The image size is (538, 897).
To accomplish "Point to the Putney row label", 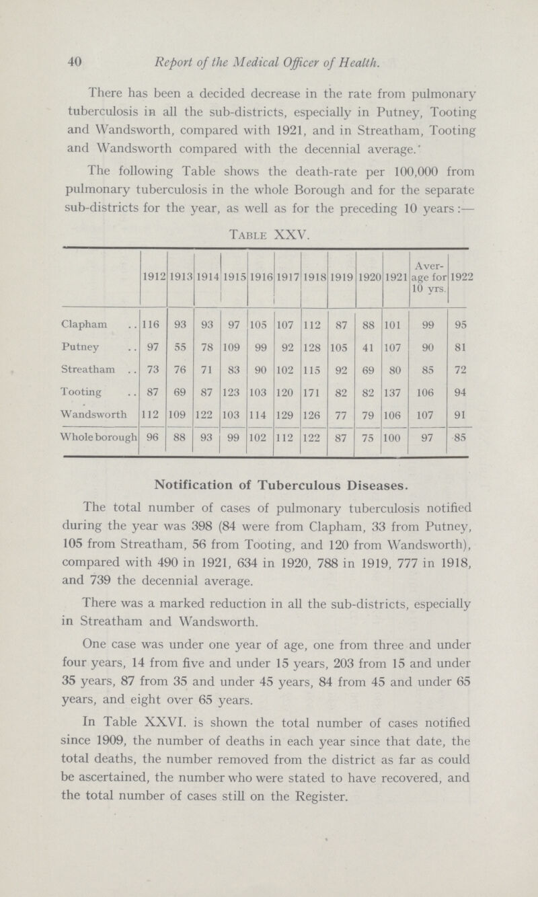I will coord(95,348).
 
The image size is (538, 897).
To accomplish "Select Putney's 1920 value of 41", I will coord(368,349).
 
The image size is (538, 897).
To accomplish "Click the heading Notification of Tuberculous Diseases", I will coord(269,483).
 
